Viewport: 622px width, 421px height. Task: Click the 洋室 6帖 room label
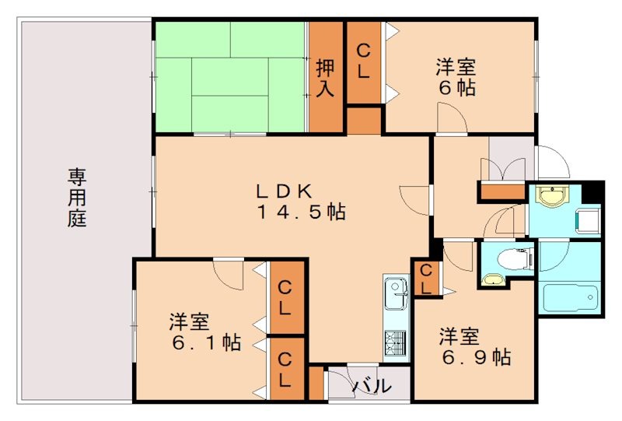click(456, 77)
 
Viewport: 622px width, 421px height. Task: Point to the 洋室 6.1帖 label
click(204, 332)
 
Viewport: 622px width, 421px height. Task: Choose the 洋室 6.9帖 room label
click(474, 348)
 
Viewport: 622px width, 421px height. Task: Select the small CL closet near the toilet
click(425, 278)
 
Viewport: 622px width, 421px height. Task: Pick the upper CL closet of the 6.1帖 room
click(285, 297)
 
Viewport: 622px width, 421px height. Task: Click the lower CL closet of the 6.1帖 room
click(285, 370)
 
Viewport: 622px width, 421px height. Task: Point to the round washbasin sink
click(552, 198)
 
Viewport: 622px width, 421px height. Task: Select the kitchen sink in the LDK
click(397, 294)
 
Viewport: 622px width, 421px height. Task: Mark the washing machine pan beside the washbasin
click(589, 219)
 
